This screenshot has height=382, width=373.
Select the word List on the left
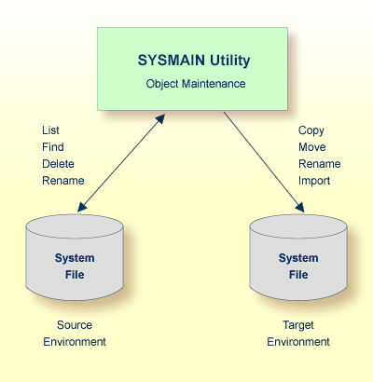click(x=50, y=130)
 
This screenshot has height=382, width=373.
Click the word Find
click(x=52, y=147)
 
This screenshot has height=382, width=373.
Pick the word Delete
click(x=59, y=164)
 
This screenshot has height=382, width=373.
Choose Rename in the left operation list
click(x=62, y=181)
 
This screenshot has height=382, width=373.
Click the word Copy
click(x=311, y=130)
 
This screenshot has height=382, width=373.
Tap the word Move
click(x=312, y=147)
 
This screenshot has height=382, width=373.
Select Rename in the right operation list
click(x=319, y=164)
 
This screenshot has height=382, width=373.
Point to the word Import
click(x=314, y=181)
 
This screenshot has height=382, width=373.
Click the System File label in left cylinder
click(x=75, y=266)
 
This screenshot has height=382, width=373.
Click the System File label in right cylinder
click(x=298, y=266)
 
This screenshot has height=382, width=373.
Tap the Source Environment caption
click(x=75, y=334)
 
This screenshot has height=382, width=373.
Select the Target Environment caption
click(x=298, y=334)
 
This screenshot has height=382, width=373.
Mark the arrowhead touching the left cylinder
click(x=85, y=208)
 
